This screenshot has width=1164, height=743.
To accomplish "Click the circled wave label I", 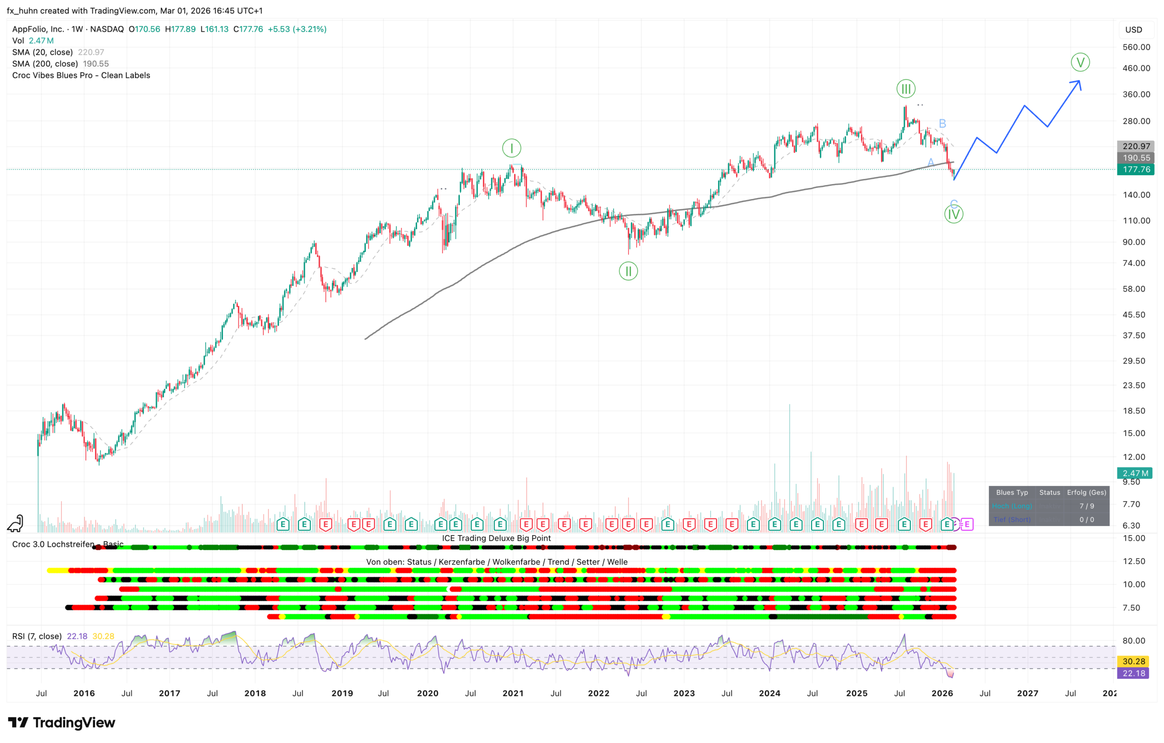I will coord(511,148).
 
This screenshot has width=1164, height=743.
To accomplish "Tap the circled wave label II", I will coord(628,271).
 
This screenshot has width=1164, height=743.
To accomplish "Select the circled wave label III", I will coord(906,89).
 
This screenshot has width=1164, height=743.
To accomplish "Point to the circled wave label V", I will coord(1080,62).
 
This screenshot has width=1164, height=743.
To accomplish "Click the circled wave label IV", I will coord(953,214).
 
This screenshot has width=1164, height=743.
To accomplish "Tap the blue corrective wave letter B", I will coord(942,123).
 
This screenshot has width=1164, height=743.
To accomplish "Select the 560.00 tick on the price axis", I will coord(1136,47).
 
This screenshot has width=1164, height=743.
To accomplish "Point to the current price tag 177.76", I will coord(1136,169).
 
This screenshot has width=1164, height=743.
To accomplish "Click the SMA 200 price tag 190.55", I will coord(1136,158).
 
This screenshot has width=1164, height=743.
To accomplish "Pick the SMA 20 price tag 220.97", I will coord(1136,146).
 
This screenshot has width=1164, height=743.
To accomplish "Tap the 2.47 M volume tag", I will coord(1135,473).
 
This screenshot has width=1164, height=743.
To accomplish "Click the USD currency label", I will coord(1134,29).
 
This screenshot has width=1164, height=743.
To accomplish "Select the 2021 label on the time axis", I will coord(513,693).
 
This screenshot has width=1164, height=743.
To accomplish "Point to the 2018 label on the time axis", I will coord(255,693).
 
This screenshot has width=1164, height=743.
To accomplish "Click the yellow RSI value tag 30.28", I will coord(1134,661).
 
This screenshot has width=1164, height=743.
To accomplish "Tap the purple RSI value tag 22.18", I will coord(1134,673).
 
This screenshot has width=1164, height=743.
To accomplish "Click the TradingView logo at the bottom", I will coord(61,723).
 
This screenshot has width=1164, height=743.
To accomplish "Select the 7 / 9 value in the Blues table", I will coord(1087,506).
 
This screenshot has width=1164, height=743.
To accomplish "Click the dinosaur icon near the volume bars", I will coord(16,523).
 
